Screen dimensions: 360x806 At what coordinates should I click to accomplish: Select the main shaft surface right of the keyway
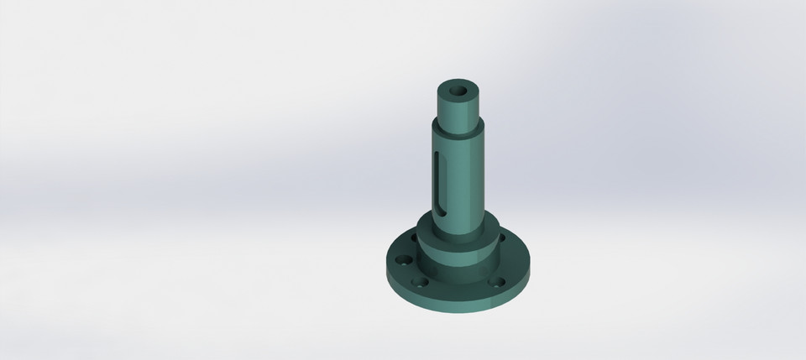pyautogui.click(x=467, y=176)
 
